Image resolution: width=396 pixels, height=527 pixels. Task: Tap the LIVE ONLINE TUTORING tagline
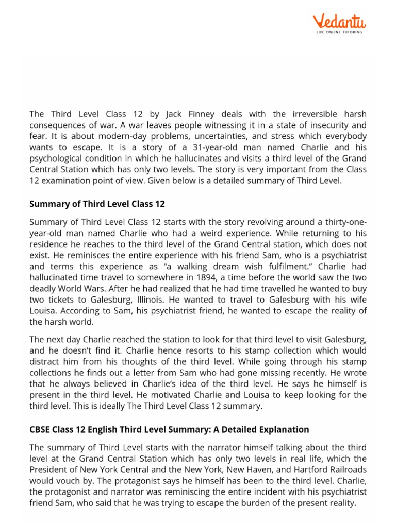tap(338, 32)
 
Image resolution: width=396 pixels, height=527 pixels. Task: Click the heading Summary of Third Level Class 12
tap(97, 204)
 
